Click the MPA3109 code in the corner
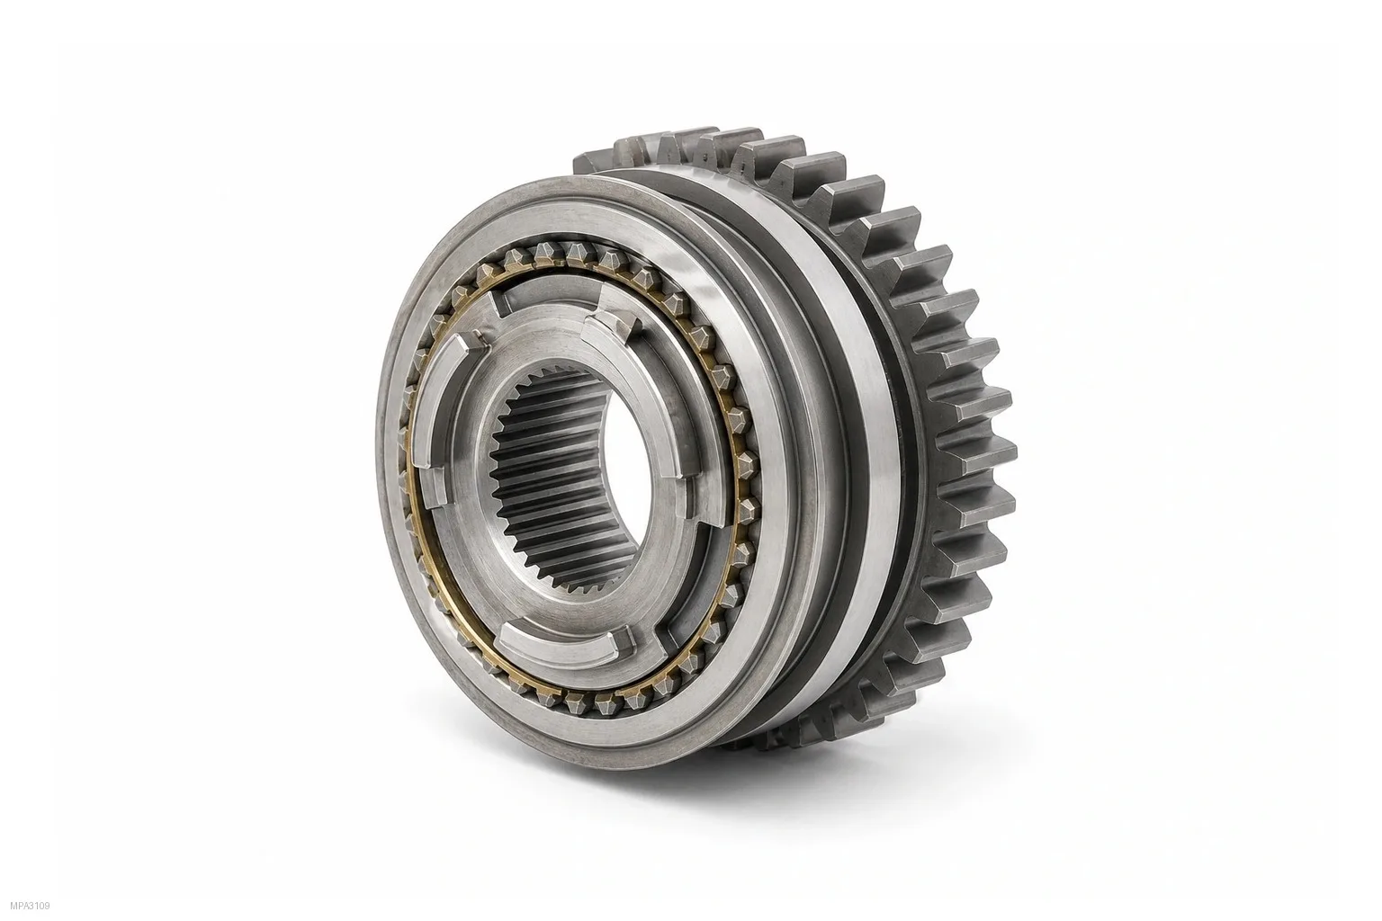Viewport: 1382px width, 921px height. tap(30, 907)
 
